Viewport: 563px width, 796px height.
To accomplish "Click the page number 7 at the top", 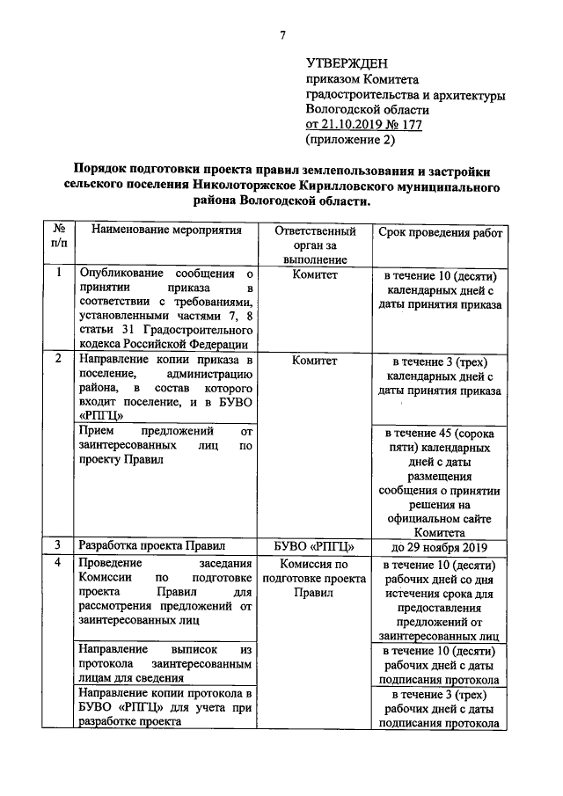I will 283,35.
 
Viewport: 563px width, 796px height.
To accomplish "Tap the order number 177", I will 410,125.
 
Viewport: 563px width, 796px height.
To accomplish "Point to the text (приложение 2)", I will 350,140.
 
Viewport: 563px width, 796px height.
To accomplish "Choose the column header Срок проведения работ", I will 441,232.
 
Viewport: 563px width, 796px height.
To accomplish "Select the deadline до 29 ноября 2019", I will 441,546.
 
